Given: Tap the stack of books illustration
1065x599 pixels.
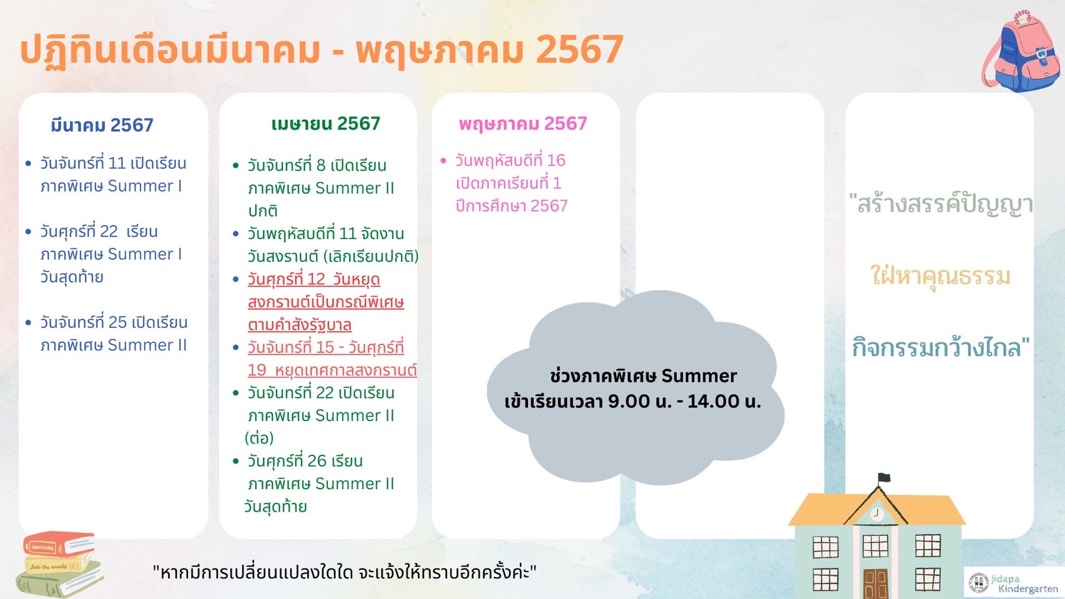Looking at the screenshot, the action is coord(59,564).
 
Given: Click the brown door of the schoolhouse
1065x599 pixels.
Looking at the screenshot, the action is coord(876,584).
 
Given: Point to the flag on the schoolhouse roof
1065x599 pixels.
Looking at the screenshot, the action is coord(884,477).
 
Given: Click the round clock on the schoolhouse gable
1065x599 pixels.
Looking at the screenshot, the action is coord(876,514).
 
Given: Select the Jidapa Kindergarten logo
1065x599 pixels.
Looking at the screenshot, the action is coord(1014,583).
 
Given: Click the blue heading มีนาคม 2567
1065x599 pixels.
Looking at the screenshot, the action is coord(102,125).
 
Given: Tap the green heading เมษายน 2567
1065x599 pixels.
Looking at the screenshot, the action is coord(326,124).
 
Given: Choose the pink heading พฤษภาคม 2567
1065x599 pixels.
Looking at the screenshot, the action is coord(523,124).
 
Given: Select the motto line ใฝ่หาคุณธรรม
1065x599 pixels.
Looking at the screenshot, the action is coord(940,276).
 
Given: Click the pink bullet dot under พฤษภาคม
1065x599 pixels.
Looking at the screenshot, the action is coord(443,161).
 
